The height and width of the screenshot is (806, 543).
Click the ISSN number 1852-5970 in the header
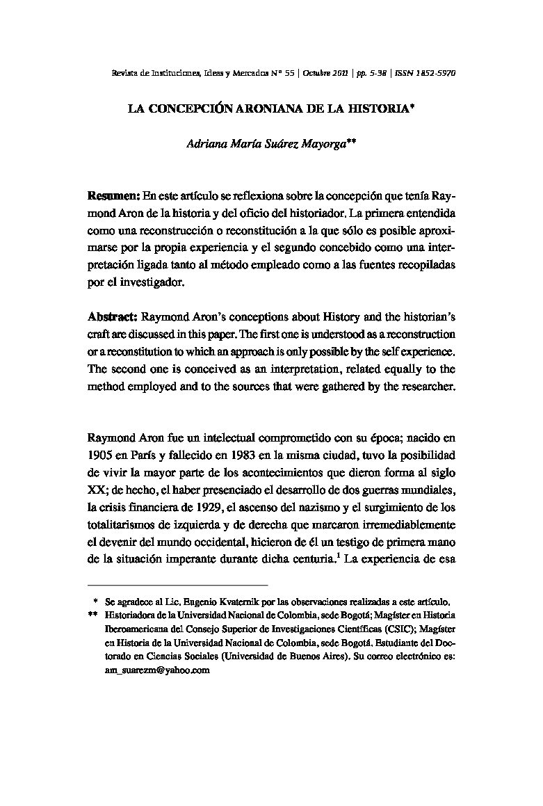coord(435,72)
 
